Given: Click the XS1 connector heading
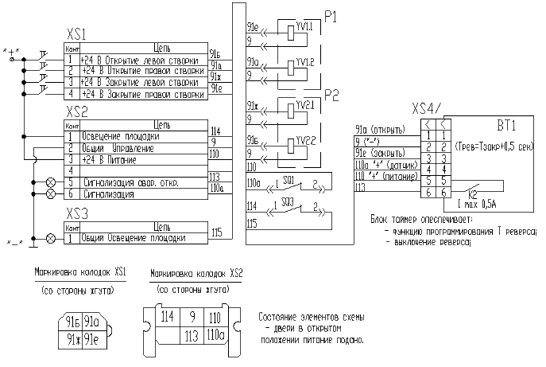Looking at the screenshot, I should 76,37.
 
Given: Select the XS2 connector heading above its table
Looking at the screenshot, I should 76,113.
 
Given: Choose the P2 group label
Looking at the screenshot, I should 332,95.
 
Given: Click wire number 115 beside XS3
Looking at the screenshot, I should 216,232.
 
